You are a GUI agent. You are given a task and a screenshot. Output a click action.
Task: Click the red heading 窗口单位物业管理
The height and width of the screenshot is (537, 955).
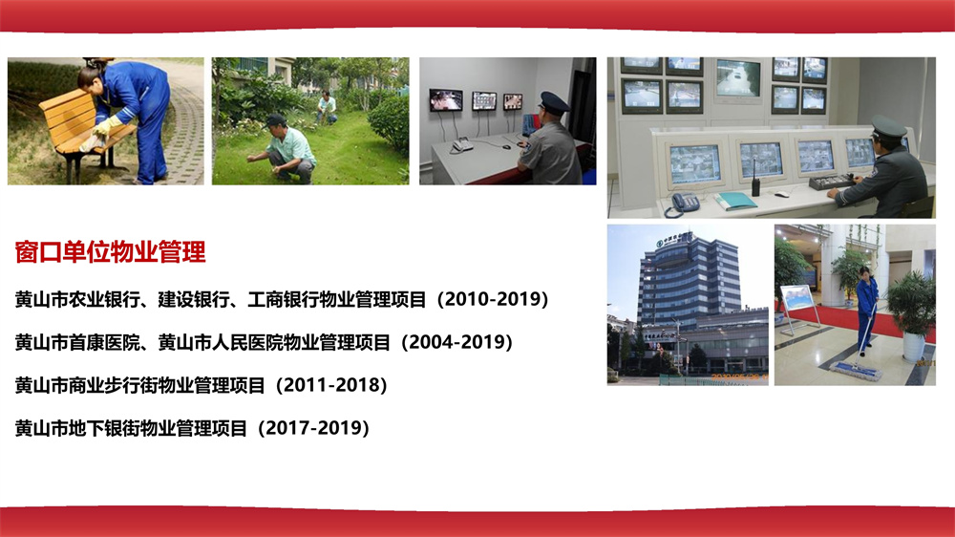pyautogui.click(x=111, y=252)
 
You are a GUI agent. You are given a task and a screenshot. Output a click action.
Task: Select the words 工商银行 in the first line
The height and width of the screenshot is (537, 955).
pyautogui.click(x=279, y=299)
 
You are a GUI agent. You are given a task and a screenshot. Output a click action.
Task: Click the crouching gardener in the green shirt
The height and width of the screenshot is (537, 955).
pyautogui.click(x=287, y=148)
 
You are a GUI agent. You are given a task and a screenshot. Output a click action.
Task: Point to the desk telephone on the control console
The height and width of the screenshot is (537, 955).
pyautogui.click(x=684, y=204)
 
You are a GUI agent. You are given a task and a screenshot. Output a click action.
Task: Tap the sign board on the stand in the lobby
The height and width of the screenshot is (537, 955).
pyautogui.click(x=796, y=297)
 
